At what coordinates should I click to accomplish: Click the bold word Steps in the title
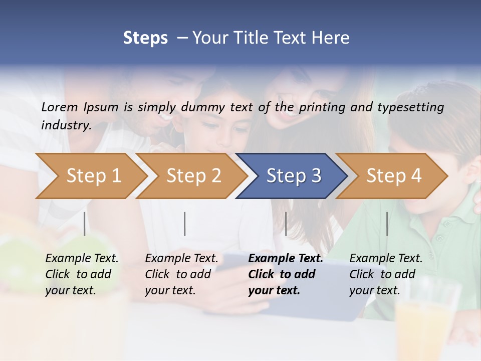145,38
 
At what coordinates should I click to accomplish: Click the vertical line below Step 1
84,224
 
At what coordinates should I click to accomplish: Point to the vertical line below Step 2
185,224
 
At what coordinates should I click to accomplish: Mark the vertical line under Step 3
286,224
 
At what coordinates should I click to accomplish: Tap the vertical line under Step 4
387,224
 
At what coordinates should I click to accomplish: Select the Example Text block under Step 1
82,274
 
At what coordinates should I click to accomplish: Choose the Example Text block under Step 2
181,274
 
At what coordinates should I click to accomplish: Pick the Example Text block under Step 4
386,274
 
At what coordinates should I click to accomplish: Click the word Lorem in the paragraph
59,107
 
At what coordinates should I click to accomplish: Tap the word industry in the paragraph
66,125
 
